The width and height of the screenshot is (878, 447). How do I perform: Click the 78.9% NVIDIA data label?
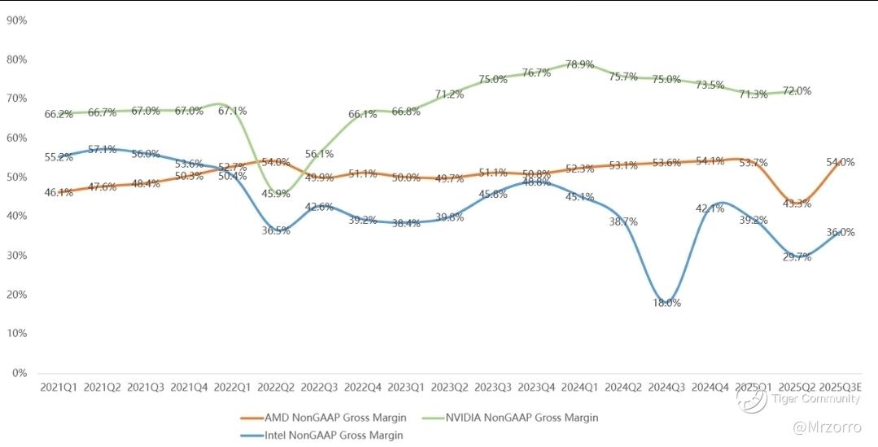[x=579, y=64]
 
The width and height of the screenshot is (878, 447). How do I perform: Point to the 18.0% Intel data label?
[x=667, y=303]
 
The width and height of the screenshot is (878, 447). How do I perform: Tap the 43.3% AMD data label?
[x=797, y=204]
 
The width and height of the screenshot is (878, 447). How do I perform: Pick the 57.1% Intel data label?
[x=102, y=149]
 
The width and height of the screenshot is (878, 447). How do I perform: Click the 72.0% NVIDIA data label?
[x=797, y=91]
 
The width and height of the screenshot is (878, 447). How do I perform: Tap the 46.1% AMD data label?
[x=59, y=193]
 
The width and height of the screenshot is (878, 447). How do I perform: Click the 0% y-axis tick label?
[x=20, y=373]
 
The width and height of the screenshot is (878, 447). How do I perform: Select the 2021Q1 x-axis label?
[x=59, y=388]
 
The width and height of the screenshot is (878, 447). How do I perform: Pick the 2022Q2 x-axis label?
[x=276, y=388]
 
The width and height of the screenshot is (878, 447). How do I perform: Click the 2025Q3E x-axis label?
[x=841, y=388]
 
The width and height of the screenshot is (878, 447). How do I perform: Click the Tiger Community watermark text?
[x=816, y=398]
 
